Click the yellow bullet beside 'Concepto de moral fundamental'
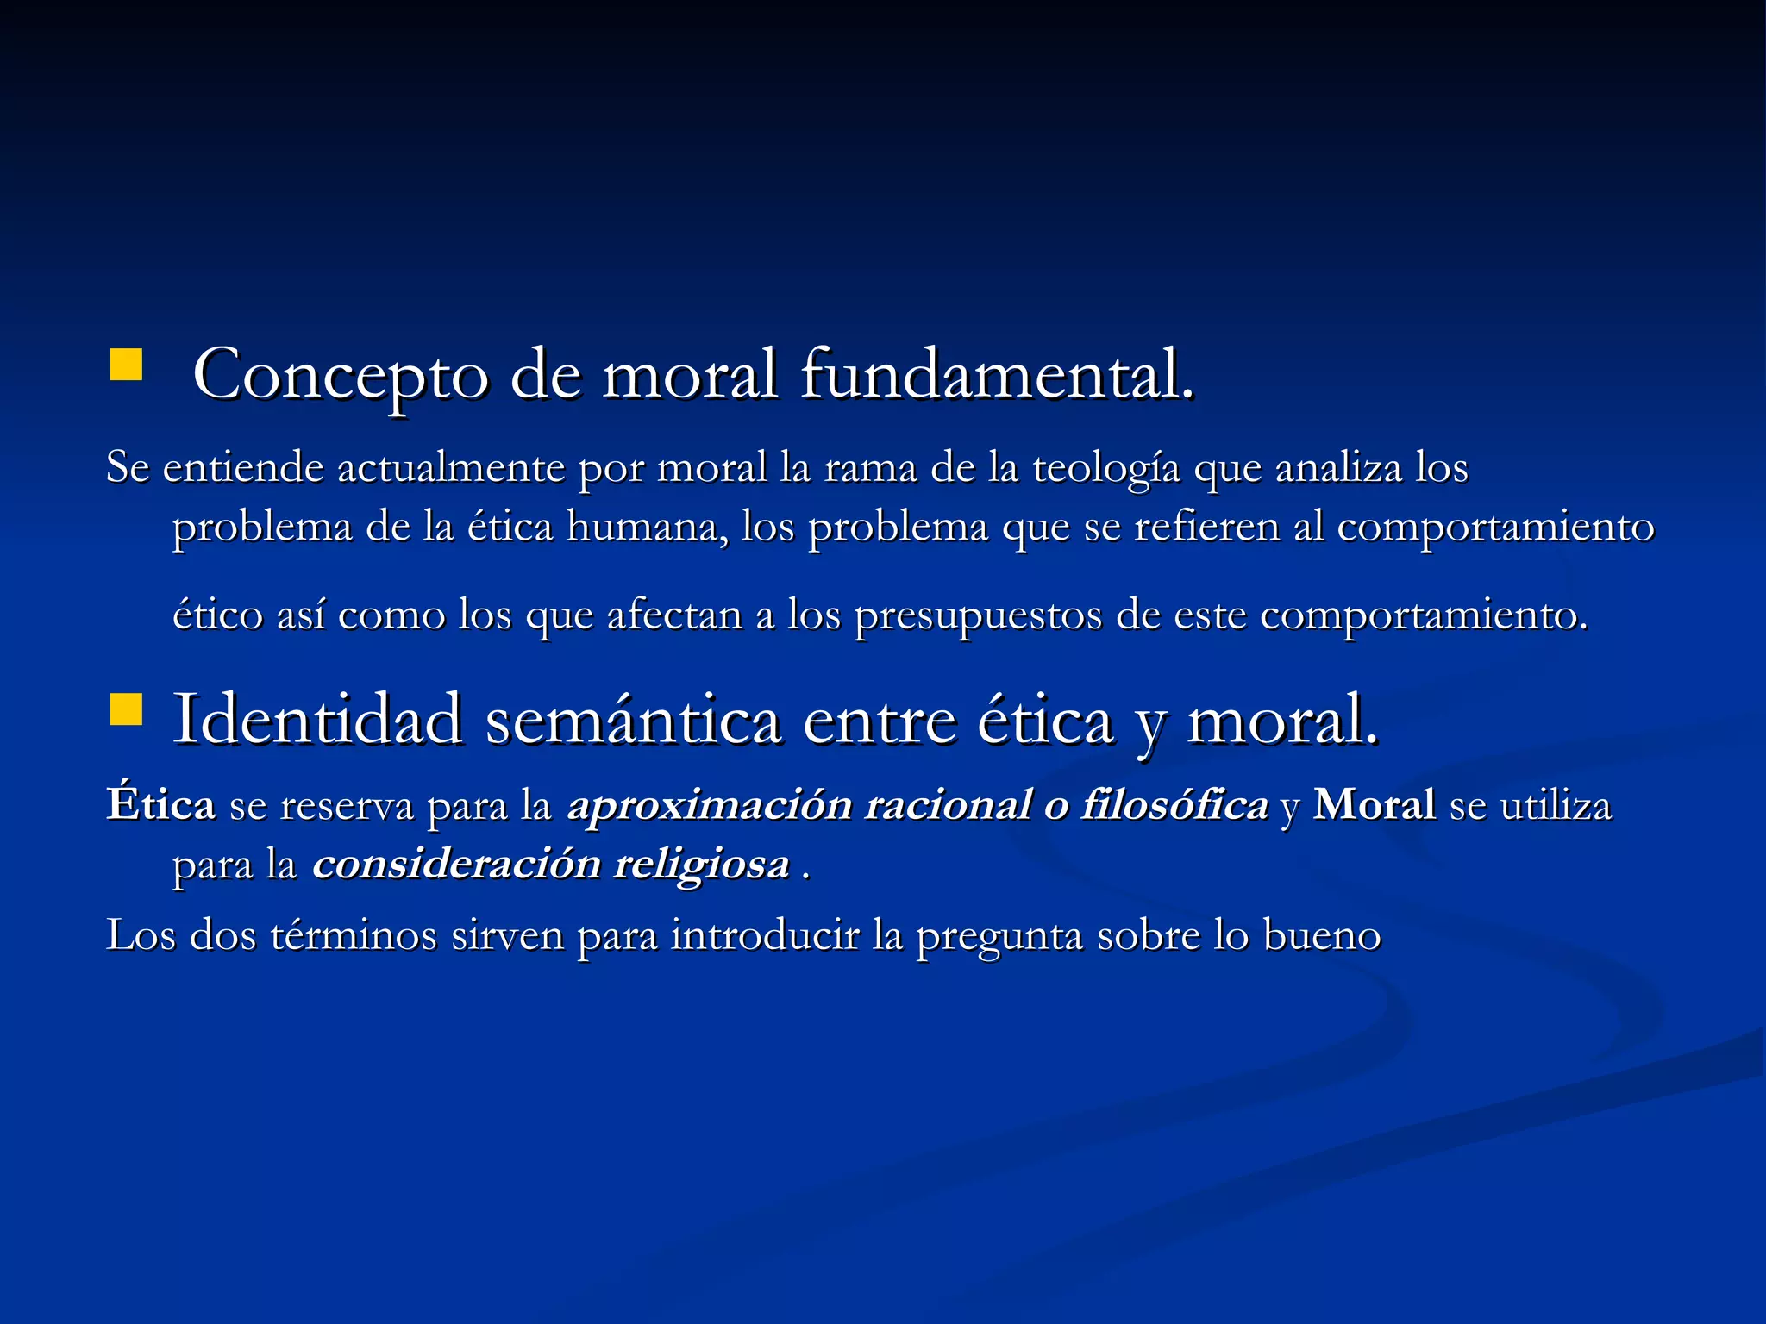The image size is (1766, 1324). (x=126, y=365)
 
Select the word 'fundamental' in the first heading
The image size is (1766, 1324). (x=997, y=374)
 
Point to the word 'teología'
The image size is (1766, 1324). (x=1106, y=468)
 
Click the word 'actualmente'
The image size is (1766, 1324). (x=450, y=468)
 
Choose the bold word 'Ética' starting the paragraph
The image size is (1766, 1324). (x=161, y=805)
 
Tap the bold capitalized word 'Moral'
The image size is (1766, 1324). (x=1375, y=805)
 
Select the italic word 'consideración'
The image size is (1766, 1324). (x=456, y=865)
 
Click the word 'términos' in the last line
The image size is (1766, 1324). (x=354, y=936)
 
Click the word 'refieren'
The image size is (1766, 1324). (x=1206, y=528)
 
